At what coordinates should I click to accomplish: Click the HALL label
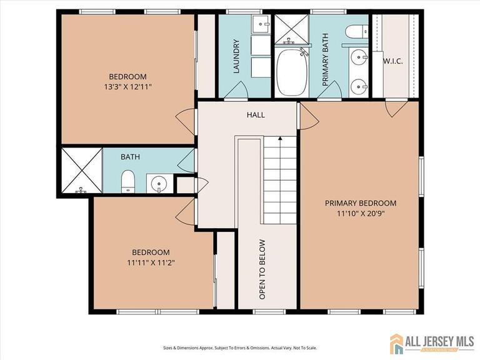point(256,115)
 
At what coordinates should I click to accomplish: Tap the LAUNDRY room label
point(237,57)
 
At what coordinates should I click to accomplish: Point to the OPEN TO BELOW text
point(262,269)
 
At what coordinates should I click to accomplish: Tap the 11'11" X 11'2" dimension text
point(150,262)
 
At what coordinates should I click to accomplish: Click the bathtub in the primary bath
point(292,71)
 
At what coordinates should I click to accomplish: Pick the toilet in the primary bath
point(357,31)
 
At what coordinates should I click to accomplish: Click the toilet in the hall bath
point(128,182)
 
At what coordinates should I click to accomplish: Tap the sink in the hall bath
point(159,184)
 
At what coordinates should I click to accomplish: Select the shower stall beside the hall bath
point(81,170)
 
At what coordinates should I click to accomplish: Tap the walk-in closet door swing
point(396,109)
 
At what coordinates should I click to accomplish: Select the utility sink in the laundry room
point(261,25)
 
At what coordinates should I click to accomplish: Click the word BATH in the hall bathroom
point(130,156)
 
